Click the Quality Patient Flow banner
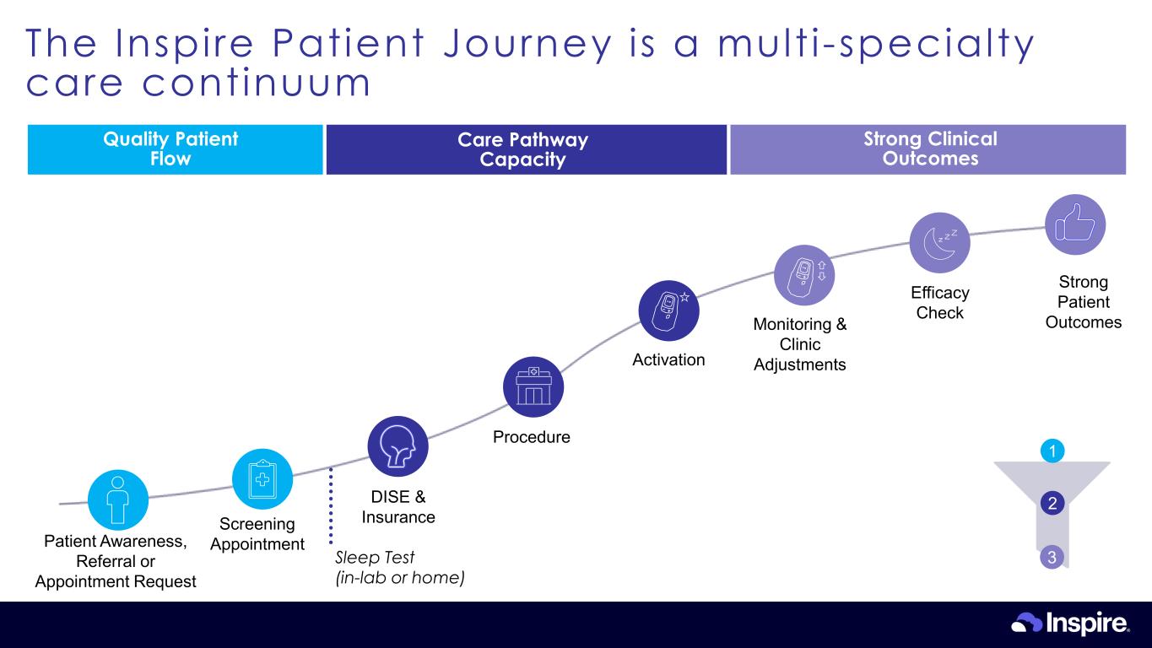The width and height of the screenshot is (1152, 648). click(x=175, y=149)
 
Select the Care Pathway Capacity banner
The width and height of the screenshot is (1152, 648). click(x=526, y=149)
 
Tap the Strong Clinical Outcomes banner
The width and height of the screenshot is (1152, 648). click(x=928, y=149)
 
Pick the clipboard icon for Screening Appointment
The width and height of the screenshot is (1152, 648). click(x=262, y=478)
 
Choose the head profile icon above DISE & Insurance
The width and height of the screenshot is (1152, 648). click(x=398, y=446)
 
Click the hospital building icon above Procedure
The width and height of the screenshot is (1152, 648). click(x=533, y=387)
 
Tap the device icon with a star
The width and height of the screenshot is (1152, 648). click(x=669, y=309)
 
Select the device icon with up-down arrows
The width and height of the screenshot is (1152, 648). click(x=804, y=275)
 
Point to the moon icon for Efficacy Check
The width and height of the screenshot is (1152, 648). click(x=939, y=241)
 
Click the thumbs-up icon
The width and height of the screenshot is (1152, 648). click(x=1075, y=224)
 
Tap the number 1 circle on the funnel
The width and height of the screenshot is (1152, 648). click(x=1051, y=451)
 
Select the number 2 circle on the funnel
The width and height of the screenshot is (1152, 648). click(x=1052, y=504)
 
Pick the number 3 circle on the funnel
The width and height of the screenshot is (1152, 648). click(x=1052, y=557)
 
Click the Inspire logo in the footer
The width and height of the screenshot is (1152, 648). click(x=1070, y=624)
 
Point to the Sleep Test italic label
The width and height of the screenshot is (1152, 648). click(x=399, y=568)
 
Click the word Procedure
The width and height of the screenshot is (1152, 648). click(x=532, y=437)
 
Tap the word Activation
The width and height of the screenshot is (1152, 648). click(x=668, y=360)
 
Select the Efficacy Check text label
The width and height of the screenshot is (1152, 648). click(x=940, y=303)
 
